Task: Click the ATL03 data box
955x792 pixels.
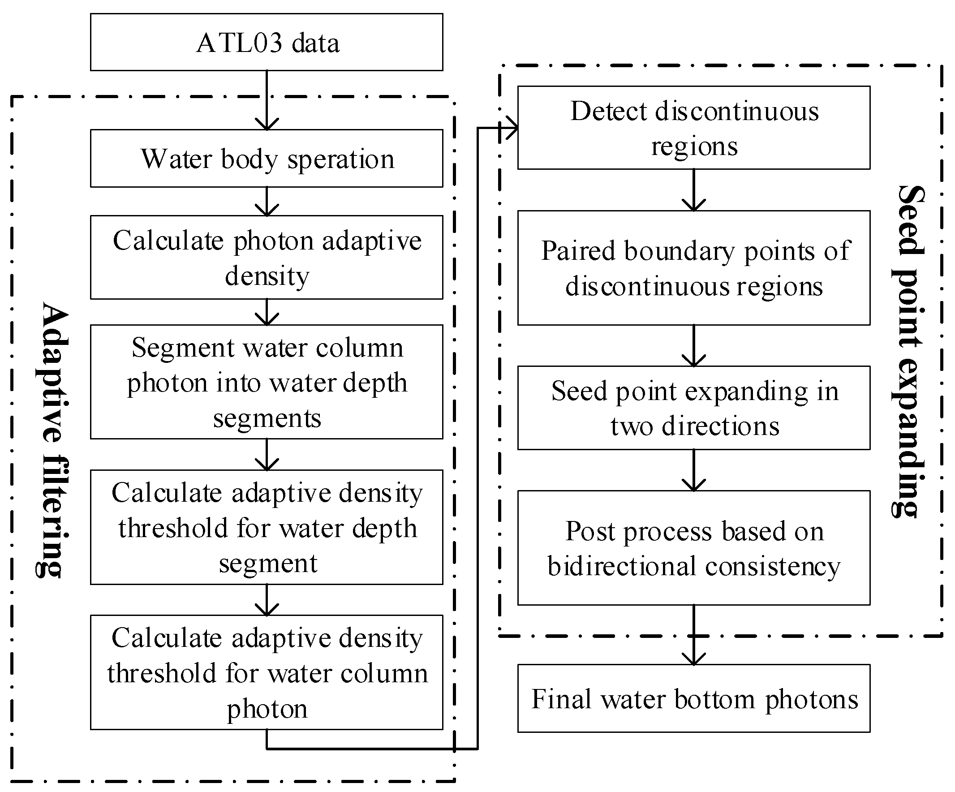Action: tap(267, 42)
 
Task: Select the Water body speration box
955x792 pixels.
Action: tap(267, 158)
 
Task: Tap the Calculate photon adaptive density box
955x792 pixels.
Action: tap(267, 258)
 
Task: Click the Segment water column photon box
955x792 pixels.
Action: tap(267, 382)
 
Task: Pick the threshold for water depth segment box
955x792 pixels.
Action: tap(267, 527)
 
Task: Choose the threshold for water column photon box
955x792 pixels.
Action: tap(267, 672)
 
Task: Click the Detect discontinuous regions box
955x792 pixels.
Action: tap(694, 128)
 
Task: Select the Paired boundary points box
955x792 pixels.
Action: tap(694, 268)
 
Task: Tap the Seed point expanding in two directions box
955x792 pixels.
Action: tap(694, 408)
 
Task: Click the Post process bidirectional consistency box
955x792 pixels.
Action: tap(694, 548)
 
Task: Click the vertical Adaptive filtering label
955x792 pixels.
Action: tap(54, 439)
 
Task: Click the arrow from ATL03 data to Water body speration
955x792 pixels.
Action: tap(267, 100)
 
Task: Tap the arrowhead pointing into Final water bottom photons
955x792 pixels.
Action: tap(694, 659)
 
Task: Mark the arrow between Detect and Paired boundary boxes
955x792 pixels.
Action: tap(694, 190)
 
